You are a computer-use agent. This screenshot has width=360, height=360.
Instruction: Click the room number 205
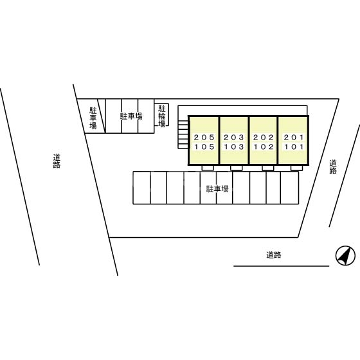point(204,138)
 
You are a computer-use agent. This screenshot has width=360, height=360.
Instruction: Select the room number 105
point(204,147)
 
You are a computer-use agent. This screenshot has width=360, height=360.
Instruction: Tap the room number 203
point(234,138)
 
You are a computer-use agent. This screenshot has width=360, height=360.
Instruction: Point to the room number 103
point(234,147)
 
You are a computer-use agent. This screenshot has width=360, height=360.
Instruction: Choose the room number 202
point(264,138)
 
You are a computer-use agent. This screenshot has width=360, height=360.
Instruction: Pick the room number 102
point(264,147)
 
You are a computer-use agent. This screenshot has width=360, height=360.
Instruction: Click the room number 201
point(294,138)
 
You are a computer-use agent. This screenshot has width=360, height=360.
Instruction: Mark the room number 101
point(294,147)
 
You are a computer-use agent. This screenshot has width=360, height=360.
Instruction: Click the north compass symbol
point(345,256)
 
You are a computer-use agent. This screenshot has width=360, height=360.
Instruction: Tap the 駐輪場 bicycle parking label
point(162,116)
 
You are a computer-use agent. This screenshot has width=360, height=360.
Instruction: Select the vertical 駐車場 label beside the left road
point(93,118)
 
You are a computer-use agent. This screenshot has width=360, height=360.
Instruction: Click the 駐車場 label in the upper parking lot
point(131,116)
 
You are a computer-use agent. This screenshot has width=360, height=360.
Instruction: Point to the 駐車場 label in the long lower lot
point(217,189)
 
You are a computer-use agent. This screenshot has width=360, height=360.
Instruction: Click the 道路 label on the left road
point(57,161)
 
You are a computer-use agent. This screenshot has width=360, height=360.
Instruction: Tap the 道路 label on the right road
point(333,166)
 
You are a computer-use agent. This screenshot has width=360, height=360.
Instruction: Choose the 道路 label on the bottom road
point(274,255)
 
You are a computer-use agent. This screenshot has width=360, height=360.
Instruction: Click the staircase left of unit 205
point(183,135)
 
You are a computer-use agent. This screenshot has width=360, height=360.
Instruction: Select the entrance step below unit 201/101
point(296,168)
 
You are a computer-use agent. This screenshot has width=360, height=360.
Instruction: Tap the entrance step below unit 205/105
point(208,168)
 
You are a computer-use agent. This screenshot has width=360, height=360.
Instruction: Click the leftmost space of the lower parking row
point(141,188)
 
